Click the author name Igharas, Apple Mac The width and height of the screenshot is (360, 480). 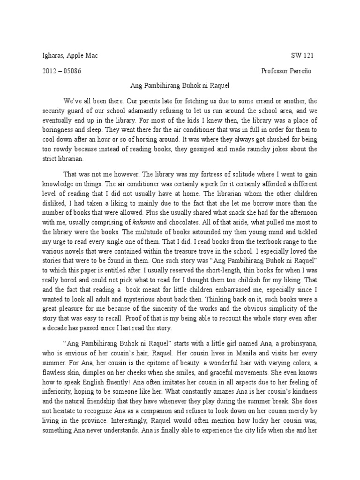click(x=70, y=56)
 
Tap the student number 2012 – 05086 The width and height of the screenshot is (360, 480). click(x=63, y=71)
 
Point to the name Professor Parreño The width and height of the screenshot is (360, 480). click(x=286, y=71)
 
